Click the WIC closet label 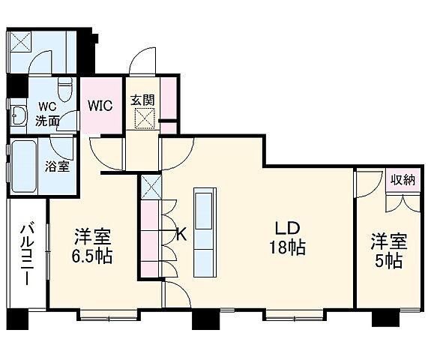(100, 105)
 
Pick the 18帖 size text (288, 249)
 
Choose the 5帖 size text (388, 261)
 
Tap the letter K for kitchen (181, 234)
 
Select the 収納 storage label (402, 180)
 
